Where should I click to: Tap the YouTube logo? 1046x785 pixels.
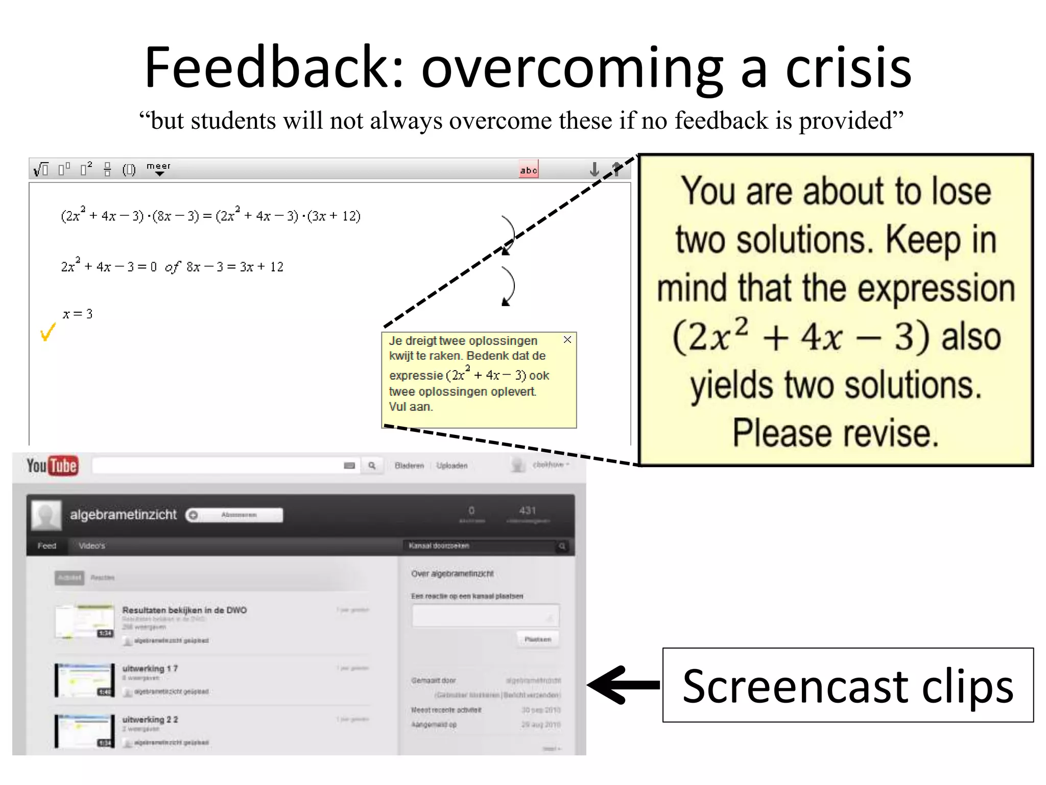pyautogui.click(x=53, y=466)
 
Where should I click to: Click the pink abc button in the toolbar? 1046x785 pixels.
pyautogui.click(x=529, y=170)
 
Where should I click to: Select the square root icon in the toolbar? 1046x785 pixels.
pyautogui.click(x=41, y=169)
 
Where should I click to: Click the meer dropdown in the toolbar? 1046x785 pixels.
pyautogui.click(x=159, y=169)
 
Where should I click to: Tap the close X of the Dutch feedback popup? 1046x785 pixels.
pyautogui.click(x=567, y=340)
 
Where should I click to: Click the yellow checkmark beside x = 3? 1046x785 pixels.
pyautogui.click(x=47, y=332)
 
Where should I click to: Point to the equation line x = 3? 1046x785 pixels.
pyautogui.click(x=78, y=314)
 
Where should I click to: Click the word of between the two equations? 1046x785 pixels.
pyautogui.click(x=173, y=267)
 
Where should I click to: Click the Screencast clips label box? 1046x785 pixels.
pyautogui.click(x=848, y=685)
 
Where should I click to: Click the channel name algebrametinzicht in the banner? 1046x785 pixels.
pyautogui.click(x=123, y=515)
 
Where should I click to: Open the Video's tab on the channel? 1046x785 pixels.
pyautogui.click(x=92, y=546)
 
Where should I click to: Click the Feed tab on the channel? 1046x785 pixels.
pyautogui.click(x=46, y=546)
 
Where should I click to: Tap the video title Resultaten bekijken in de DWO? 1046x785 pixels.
pyautogui.click(x=184, y=610)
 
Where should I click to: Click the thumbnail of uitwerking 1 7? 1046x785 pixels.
pyautogui.click(x=85, y=680)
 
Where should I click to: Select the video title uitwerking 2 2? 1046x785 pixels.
pyautogui.click(x=150, y=720)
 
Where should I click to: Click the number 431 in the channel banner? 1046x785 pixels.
pyautogui.click(x=528, y=510)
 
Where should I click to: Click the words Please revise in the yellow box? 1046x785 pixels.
pyautogui.click(x=836, y=433)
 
